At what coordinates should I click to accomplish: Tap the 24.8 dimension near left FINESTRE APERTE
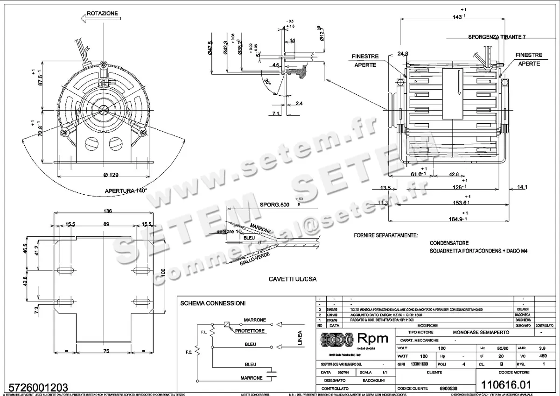[x=390, y=53]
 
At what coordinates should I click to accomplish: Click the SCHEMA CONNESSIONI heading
[x=213, y=304]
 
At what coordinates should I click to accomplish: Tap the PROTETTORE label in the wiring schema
[x=250, y=331]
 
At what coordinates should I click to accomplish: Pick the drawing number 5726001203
[x=35, y=387]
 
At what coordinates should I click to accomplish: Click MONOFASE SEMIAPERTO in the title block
[x=482, y=332]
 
